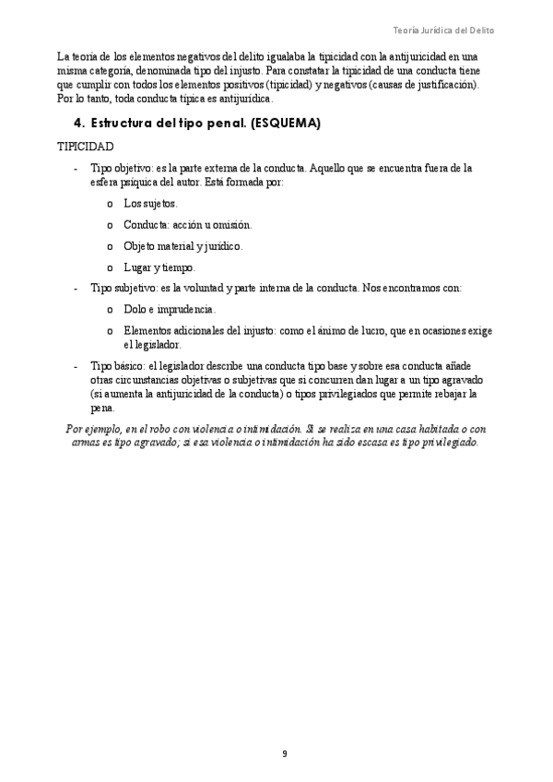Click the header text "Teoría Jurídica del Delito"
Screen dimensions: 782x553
coord(443,30)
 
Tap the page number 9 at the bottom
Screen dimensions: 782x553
coord(284,753)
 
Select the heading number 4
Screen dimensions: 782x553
coord(77,123)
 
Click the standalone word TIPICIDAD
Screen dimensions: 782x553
coord(86,147)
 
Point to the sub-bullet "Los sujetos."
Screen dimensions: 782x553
coord(150,203)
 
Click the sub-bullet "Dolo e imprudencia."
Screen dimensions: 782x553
coord(170,310)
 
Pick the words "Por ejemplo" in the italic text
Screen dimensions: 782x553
coord(92,429)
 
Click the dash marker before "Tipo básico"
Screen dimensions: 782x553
coord(75,366)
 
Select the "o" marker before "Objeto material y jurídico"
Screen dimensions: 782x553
coord(110,246)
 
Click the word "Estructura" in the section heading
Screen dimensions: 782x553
coord(126,123)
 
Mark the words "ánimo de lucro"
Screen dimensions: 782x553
coord(352,331)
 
